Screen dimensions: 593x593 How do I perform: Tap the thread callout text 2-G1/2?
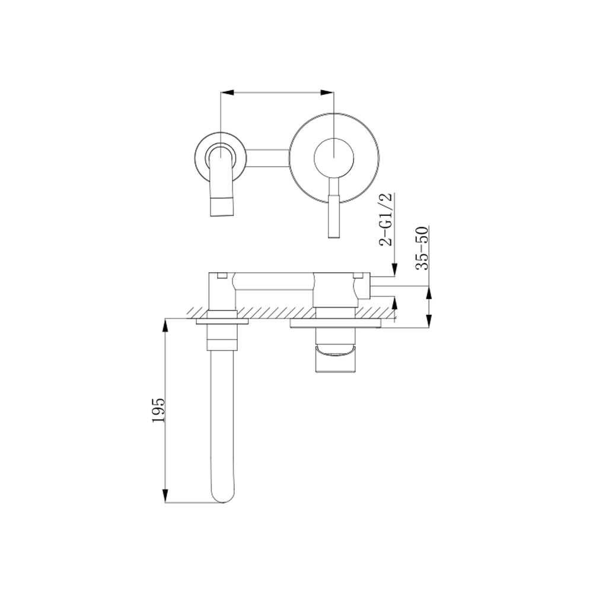click(x=387, y=219)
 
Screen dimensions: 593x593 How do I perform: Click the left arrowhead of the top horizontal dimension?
click(x=226, y=93)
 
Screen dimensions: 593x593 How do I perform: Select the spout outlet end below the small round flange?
click(x=222, y=206)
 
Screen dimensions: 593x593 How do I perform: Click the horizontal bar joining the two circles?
click(x=267, y=157)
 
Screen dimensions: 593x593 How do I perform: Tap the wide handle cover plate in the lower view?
click(x=335, y=324)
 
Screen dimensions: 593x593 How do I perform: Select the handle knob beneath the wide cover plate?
click(x=335, y=356)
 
